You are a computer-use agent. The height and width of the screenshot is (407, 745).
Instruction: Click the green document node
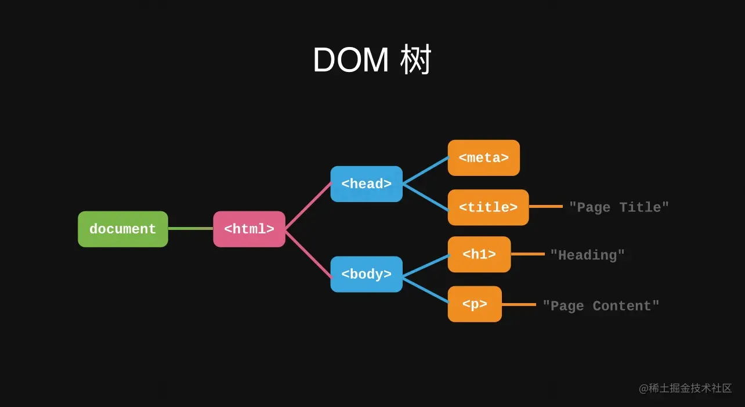click(123, 229)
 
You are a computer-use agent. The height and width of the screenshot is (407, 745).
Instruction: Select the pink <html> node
click(249, 229)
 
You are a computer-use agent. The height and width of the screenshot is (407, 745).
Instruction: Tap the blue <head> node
click(366, 184)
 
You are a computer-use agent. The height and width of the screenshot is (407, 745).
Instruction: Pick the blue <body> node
click(366, 274)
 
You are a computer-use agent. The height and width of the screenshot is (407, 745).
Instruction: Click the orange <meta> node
click(483, 158)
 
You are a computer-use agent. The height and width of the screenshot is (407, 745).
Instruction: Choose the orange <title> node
click(488, 207)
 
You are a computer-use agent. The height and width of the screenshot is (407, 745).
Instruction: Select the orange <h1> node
click(479, 254)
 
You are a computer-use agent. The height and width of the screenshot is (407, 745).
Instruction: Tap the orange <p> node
click(474, 304)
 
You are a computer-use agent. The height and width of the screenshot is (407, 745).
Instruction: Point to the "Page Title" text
click(619, 207)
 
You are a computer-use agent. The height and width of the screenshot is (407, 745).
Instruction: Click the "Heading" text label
click(587, 255)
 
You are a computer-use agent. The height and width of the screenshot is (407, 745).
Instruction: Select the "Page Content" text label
click(601, 306)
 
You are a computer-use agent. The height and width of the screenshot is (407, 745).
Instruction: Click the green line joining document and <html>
click(190, 229)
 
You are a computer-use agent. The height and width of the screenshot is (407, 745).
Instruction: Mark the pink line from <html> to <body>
click(308, 253)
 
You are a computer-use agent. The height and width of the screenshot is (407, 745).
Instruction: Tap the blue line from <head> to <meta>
click(425, 171)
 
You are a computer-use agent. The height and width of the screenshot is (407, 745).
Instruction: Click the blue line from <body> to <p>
click(425, 290)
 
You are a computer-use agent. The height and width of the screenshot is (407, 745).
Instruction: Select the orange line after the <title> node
click(545, 206)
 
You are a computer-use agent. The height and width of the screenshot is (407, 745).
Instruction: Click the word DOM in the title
click(350, 60)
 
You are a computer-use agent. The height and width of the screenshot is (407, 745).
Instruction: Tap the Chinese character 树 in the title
click(416, 60)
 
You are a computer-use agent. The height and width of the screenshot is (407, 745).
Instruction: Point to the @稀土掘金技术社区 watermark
click(685, 388)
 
